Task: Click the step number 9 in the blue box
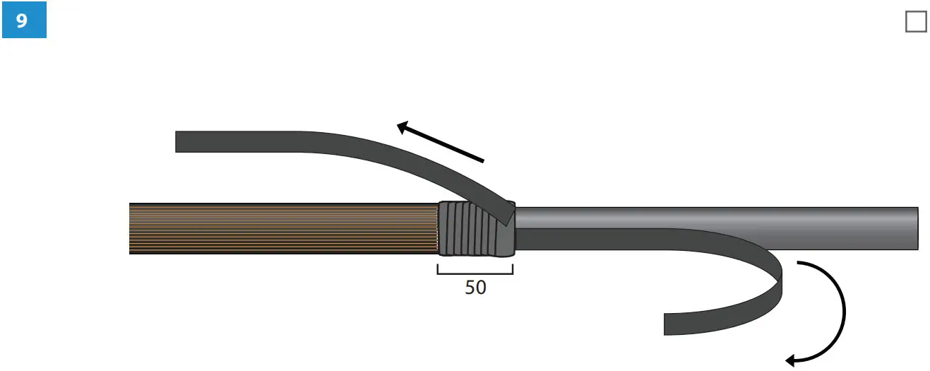(x=23, y=21)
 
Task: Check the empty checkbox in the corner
(x=915, y=22)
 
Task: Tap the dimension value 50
(x=475, y=288)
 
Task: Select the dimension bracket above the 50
(x=475, y=273)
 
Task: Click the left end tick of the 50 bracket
(x=438, y=269)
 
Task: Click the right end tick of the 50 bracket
(x=512, y=269)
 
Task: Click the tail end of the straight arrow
(x=483, y=161)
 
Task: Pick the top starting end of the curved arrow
(x=799, y=263)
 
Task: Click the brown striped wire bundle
(x=282, y=228)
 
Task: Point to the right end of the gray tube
(x=917, y=228)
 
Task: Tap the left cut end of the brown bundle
(x=131, y=228)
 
